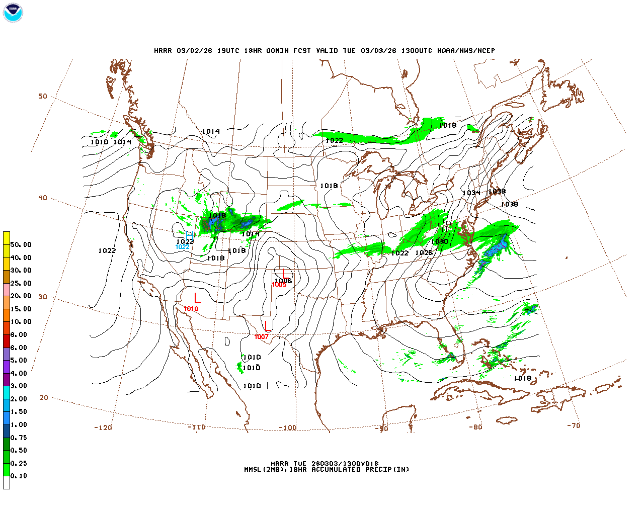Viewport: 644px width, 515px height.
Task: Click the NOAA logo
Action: [13, 13]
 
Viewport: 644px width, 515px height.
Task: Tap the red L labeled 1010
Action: [197, 298]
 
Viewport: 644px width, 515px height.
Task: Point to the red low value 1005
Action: [279, 285]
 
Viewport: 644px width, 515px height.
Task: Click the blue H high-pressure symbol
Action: [190, 236]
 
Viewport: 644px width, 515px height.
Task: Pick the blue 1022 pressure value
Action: [182, 246]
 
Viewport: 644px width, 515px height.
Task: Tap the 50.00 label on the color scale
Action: [21, 244]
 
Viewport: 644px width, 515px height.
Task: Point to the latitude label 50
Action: [43, 96]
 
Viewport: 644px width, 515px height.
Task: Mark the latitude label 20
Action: [44, 397]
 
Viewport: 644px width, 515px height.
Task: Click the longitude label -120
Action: [103, 427]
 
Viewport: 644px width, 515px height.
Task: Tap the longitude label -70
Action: [574, 425]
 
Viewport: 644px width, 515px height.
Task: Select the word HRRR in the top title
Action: [163, 50]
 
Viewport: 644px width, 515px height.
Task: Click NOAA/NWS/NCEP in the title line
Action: [466, 50]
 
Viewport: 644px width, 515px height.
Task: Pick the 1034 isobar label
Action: [471, 193]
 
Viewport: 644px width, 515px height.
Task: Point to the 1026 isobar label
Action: [424, 252]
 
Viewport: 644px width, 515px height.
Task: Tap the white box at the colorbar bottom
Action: [7, 483]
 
